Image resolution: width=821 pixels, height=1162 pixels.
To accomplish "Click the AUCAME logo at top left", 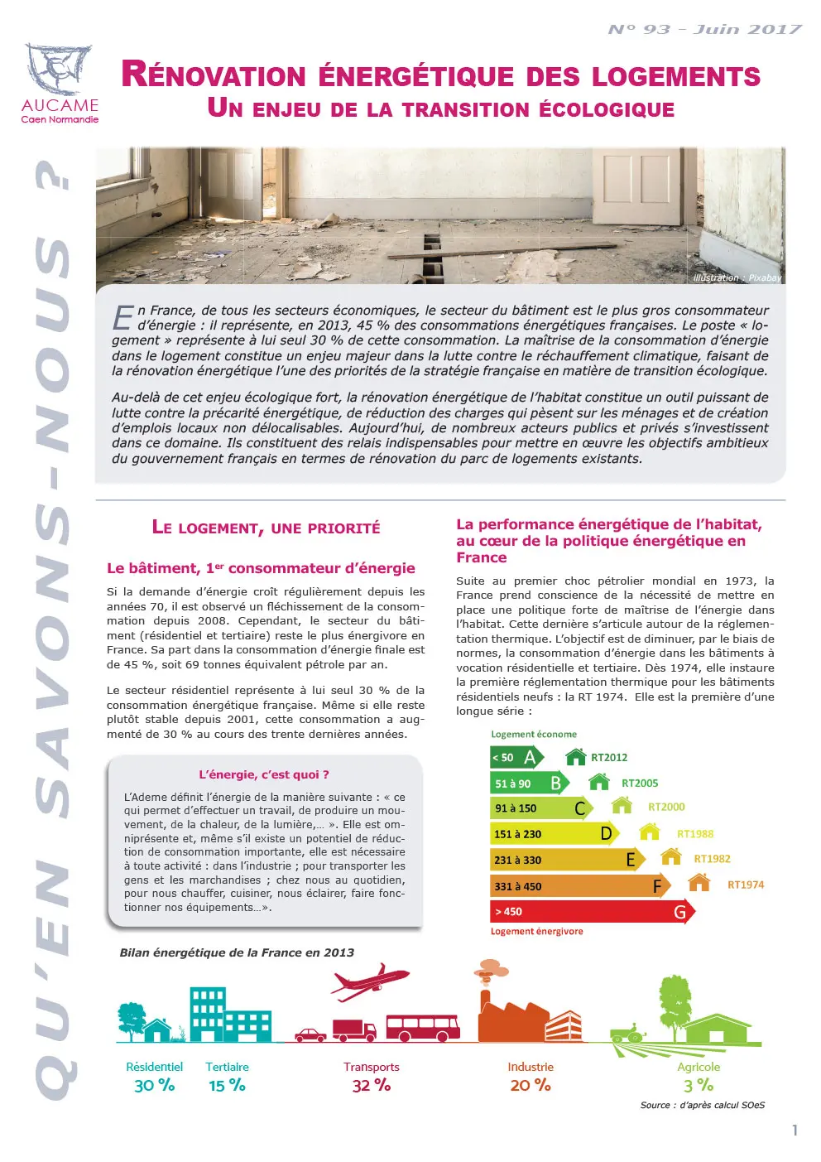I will [x=59, y=84].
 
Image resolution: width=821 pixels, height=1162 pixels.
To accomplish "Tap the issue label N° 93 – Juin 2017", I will [x=704, y=30].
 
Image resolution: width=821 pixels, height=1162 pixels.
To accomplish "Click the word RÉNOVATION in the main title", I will [x=214, y=75].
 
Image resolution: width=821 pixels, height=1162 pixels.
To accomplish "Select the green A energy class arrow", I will [x=516, y=757].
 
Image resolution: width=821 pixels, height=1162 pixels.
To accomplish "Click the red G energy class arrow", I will [x=592, y=912].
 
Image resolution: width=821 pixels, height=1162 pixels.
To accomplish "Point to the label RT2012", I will [x=609, y=758].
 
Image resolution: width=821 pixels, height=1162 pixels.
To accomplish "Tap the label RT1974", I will [x=746, y=885].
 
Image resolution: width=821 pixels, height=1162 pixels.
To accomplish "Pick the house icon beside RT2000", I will [x=622, y=805].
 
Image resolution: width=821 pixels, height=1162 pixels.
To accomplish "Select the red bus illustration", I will [x=422, y=1027].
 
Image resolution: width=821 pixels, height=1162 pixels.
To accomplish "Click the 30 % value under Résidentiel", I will [x=154, y=1085].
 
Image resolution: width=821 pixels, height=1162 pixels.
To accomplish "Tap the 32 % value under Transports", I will [x=371, y=1085].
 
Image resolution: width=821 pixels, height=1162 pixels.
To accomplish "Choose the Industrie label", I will [x=531, y=1067].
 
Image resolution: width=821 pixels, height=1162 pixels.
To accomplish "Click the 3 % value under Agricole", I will [x=699, y=1085].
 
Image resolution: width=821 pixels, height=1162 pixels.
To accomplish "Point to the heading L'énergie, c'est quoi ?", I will [x=264, y=774].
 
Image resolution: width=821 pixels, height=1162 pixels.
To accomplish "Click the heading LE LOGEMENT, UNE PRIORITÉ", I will [x=266, y=528].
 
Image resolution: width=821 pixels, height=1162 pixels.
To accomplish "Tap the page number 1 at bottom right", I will [x=795, y=1131].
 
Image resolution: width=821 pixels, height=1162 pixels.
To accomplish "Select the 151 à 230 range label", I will [x=517, y=834].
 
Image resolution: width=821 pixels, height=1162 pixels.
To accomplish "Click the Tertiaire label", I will [x=227, y=1067].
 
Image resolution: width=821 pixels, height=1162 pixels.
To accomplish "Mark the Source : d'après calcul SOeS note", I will [x=702, y=1105].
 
